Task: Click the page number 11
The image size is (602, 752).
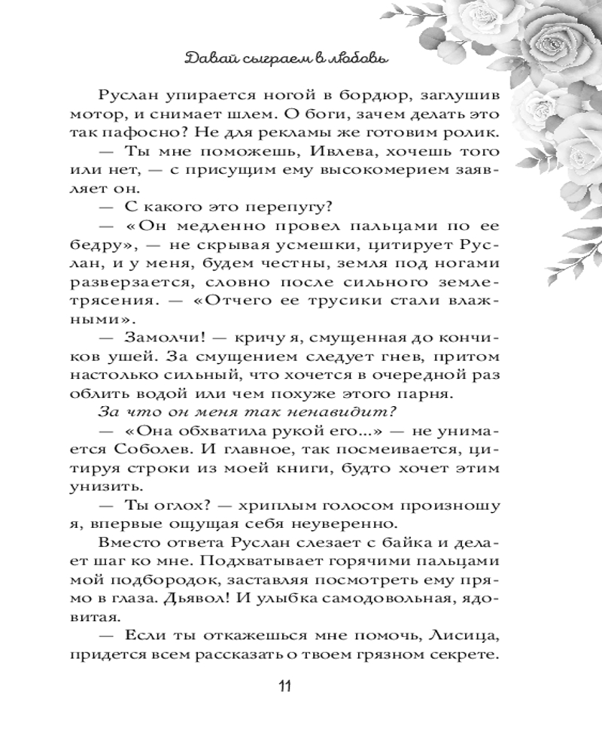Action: tap(284, 686)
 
